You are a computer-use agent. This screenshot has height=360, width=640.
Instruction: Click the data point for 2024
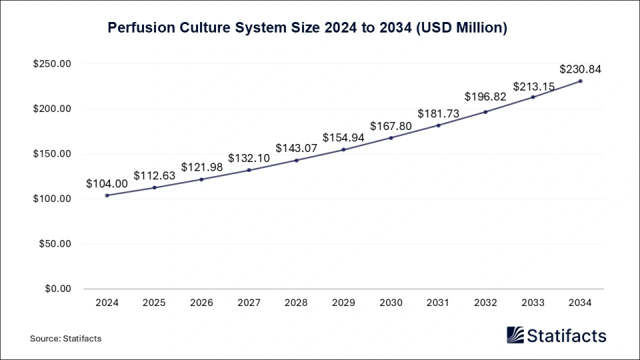(107, 195)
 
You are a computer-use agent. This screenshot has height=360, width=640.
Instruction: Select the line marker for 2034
(580, 81)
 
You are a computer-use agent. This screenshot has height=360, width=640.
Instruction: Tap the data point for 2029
(343, 149)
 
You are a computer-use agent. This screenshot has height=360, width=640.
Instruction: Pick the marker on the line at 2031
(438, 125)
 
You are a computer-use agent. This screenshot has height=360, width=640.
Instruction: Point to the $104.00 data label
(107, 183)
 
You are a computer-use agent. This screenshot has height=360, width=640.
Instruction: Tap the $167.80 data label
(391, 125)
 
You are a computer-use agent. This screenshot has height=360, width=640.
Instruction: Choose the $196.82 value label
(485, 97)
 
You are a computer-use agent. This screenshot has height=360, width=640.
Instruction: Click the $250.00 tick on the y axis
(52, 64)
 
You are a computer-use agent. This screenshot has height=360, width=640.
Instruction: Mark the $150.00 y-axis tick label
(52, 154)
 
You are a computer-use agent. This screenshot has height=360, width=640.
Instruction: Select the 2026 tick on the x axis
(201, 303)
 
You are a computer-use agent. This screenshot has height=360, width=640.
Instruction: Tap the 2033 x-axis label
(533, 303)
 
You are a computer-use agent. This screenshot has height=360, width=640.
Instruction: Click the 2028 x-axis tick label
(296, 303)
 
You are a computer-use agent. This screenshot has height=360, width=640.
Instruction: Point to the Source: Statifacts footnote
(65, 339)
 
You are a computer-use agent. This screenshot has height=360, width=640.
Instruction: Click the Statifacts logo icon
(515, 335)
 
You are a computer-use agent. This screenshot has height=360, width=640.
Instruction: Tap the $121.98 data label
(201, 167)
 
